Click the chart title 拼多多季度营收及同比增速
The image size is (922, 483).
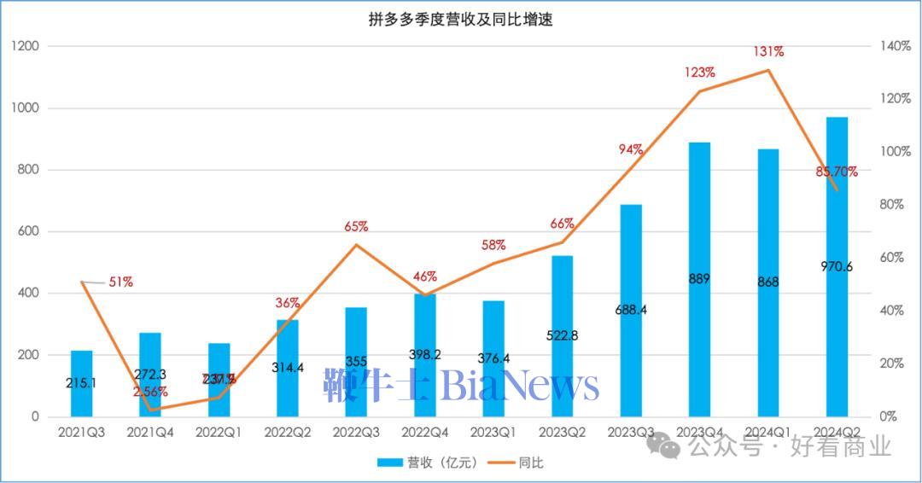pyautogui.click(x=461, y=20)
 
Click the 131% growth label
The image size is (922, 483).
pyautogui.click(x=768, y=52)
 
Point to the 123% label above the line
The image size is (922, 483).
pyautogui.click(x=700, y=73)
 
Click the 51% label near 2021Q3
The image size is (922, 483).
pyautogui.click(x=120, y=282)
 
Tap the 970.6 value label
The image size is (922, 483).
pyautogui.click(x=837, y=266)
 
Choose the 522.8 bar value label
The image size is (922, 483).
pyautogui.click(x=562, y=335)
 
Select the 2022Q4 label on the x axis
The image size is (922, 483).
pyautogui.click(x=424, y=433)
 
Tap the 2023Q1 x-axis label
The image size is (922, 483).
pyautogui.click(x=493, y=433)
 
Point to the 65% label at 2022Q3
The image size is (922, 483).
pyautogui.click(x=356, y=227)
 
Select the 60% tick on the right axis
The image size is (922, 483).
pyautogui.click(x=891, y=258)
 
